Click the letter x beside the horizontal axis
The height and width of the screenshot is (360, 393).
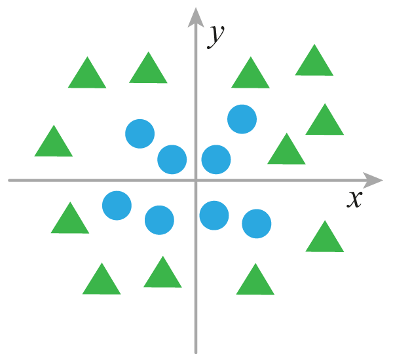[354, 198]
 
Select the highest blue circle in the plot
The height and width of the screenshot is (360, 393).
[242, 119]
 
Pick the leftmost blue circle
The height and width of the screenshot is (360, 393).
[117, 206]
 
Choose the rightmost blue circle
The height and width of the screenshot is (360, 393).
[256, 224]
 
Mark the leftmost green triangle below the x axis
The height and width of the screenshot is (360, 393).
[69, 220]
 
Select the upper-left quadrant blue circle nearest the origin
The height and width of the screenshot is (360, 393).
[172, 159]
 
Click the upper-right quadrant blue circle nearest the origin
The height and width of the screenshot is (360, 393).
[216, 159]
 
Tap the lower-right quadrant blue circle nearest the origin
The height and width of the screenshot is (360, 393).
[214, 215]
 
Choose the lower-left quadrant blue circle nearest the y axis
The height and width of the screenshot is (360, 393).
[159, 220]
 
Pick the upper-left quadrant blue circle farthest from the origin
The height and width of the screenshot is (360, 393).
[140, 134]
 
